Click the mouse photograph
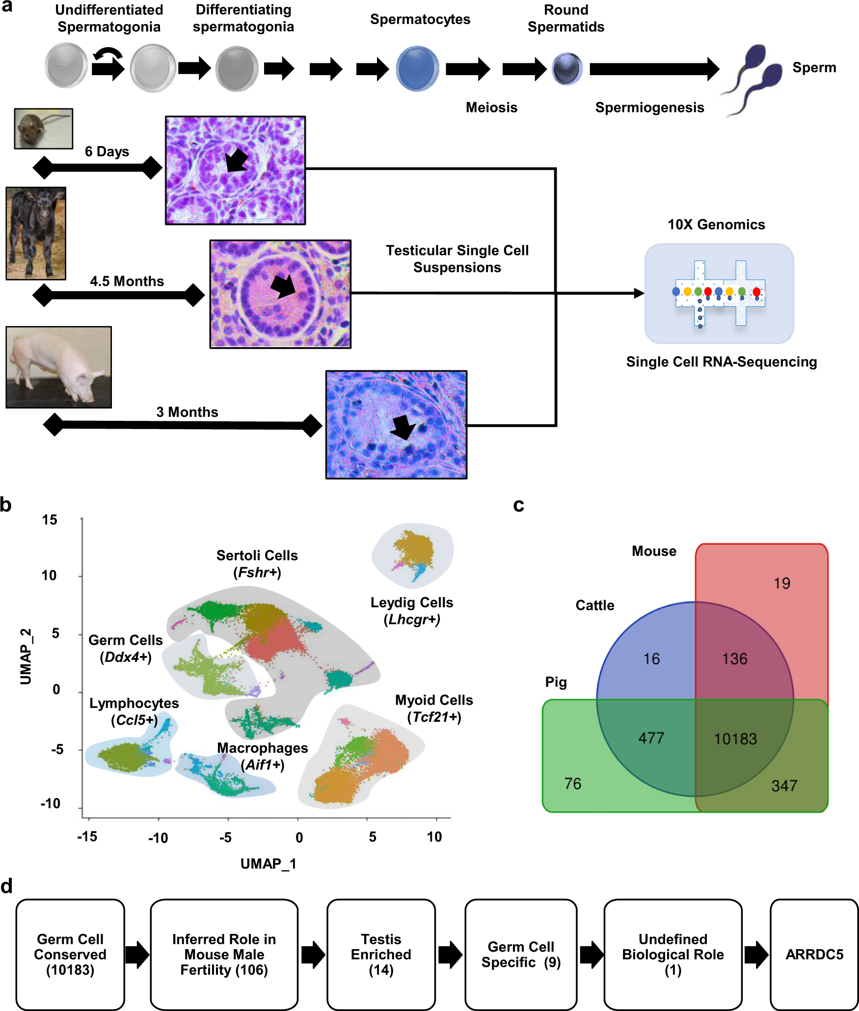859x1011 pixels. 43,129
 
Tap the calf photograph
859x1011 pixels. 36,233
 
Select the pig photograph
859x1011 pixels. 58,367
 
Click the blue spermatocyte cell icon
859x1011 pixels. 417,69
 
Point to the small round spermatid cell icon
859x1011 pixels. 567,69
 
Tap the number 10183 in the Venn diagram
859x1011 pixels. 735,739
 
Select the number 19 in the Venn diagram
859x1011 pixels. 782,583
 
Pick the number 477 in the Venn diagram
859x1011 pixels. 651,738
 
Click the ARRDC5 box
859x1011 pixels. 814,955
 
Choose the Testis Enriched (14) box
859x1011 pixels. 381,955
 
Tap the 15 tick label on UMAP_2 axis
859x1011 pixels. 50,520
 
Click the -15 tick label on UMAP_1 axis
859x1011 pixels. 87,837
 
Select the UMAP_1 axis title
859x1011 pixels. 268,864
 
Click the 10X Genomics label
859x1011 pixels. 716,225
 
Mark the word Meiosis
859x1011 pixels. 491,108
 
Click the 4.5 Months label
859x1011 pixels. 127,281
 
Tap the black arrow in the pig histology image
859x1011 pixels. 403,427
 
